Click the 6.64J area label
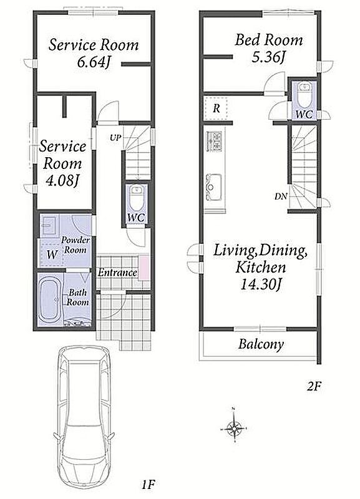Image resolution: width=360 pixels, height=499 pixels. click(93, 62)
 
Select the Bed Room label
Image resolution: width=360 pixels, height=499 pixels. click(269, 40)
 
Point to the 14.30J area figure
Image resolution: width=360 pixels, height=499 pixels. click(260, 284)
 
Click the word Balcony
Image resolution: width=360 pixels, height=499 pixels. click(261, 344)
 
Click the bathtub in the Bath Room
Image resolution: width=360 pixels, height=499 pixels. click(50, 299)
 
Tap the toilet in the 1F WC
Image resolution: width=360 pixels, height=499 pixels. click(137, 197)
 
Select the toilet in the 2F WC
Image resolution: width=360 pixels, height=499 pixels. click(304, 95)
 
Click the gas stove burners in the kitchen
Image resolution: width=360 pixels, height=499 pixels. click(214, 141)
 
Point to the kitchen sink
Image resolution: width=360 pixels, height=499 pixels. click(214, 187)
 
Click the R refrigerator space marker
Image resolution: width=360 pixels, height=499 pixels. click(216, 109)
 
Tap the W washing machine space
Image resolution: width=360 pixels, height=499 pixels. click(52, 254)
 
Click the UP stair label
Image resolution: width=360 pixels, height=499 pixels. click(115, 138)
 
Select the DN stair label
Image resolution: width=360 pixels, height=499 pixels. click(281, 196)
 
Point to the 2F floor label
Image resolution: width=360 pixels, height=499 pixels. click(315, 386)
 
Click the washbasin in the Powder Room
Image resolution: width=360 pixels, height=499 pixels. click(50, 225)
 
